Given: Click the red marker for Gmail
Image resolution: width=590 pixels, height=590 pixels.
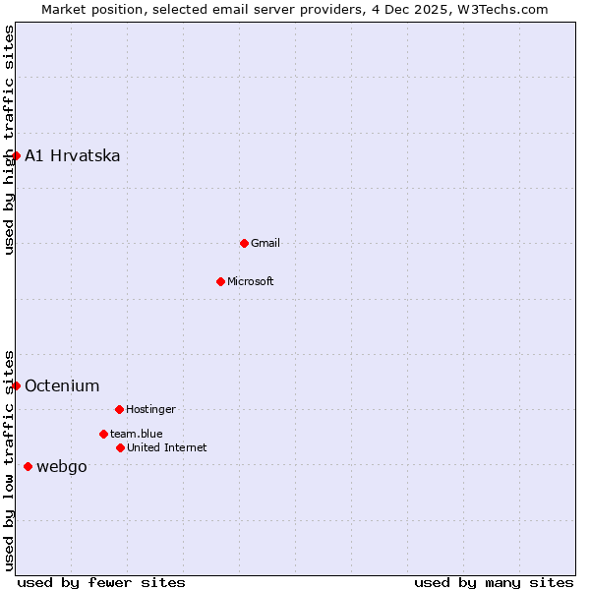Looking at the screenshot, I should click(244, 243).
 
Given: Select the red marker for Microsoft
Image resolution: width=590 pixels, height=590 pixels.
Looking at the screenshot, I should click(220, 281).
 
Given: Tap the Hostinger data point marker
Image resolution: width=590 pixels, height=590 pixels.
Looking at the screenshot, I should click(119, 409).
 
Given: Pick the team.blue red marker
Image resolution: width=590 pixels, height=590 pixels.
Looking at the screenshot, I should click(103, 434).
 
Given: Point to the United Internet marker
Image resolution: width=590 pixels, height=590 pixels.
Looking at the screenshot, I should click(120, 447).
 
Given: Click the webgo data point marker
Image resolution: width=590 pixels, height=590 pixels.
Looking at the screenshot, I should click(28, 466).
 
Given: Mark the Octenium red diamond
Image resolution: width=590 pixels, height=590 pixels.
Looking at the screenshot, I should click(16, 385).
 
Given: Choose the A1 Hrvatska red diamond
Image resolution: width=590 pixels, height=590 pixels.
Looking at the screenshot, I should click(16, 155).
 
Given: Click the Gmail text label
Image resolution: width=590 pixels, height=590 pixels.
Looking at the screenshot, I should click(265, 243).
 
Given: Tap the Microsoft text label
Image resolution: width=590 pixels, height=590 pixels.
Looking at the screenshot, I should click(251, 281).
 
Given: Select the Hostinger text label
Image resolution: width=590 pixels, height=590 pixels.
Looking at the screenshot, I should click(150, 409).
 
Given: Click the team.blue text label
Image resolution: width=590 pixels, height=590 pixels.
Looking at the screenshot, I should click(137, 434).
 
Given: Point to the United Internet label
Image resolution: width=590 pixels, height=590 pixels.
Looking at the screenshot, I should click(167, 447).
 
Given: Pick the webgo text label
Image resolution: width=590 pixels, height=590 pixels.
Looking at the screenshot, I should click(62, 467).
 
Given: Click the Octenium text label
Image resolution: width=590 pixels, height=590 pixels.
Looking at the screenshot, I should click(62, 386).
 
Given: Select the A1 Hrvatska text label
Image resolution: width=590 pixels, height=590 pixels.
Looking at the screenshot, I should click(73, 156).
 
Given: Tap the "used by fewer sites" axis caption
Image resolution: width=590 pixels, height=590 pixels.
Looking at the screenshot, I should click(101, 582).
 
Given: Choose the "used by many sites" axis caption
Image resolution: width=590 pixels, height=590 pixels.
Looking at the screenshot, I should click(494, 582).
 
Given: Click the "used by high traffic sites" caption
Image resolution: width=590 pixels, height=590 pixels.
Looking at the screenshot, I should click(9, 141).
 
